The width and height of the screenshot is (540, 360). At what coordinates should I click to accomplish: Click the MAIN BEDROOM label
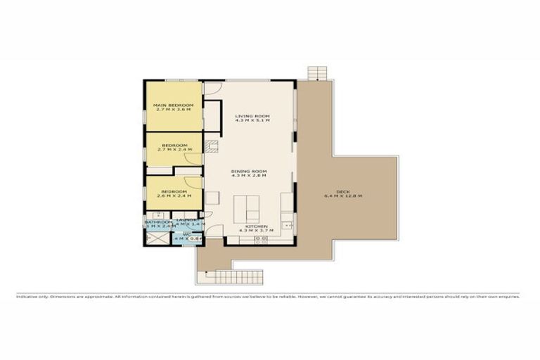tap(173, 105)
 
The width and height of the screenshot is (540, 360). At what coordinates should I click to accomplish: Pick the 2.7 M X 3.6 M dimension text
tap(173, 111)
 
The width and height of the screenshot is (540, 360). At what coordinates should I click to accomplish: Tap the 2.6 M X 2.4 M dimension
tap(173, 197)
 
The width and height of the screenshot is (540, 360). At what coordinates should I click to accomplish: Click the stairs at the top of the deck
tap(318, 73)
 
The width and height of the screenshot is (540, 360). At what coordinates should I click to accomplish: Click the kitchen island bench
tap(250, 208)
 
